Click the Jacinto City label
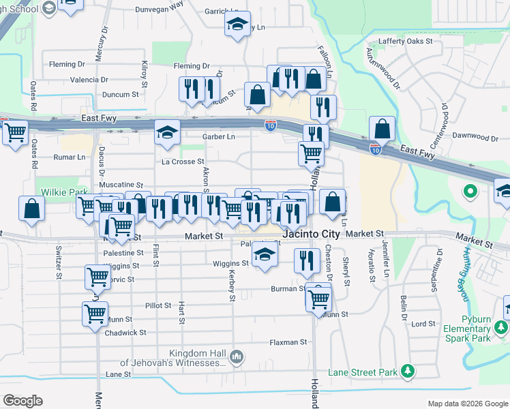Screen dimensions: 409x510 [312, 234]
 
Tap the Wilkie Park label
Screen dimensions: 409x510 [55, 192]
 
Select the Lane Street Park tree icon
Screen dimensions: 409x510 [408, 371]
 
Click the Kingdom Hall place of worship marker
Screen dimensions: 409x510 [237, 355]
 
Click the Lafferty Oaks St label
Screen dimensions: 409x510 [406, 41]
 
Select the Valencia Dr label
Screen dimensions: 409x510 [85, 80]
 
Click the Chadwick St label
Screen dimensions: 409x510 [125, 333]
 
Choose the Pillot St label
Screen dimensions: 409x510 [157, 305]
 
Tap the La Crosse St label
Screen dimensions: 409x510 [183, 162]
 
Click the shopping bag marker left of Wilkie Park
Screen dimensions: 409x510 [32, 208]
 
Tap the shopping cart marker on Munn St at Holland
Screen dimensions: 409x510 [318, 298]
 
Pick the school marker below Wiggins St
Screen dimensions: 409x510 [265, 256]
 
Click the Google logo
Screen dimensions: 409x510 [23, 401]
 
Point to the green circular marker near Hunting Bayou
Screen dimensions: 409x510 [470, 192]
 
